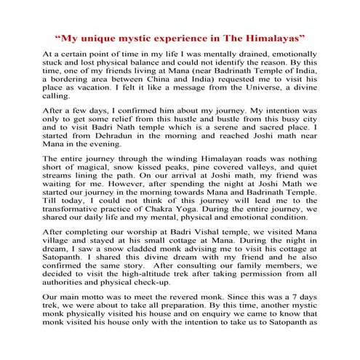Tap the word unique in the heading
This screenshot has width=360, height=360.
pyautogui.click(x=102, y=36)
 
